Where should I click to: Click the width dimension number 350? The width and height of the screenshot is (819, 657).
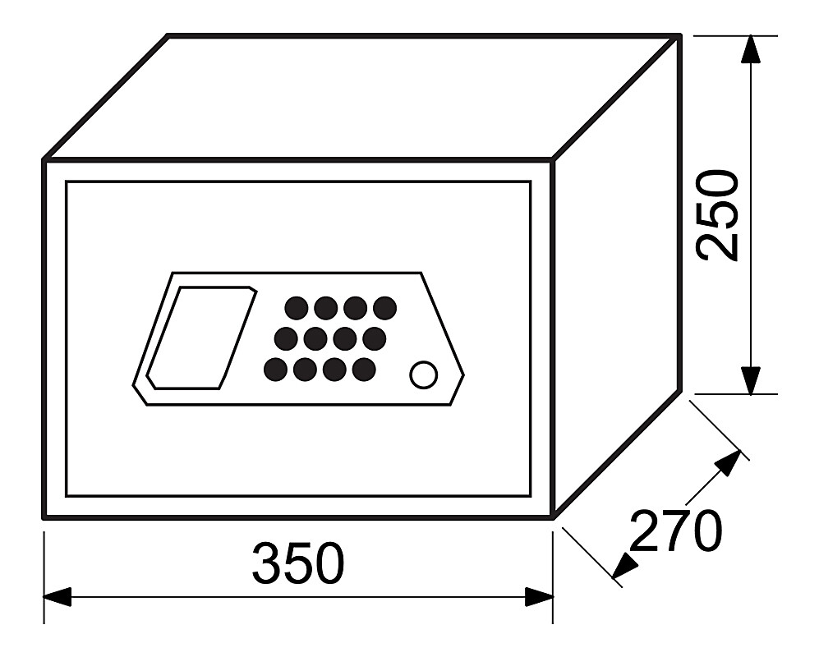coord(298,563)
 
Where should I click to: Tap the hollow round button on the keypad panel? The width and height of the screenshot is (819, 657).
coord(423,374)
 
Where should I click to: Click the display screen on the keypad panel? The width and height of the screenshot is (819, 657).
coord(201,338)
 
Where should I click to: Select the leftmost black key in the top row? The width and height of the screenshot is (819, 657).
coord(297,308)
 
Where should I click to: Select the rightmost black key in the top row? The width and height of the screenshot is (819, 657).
coord(385,308)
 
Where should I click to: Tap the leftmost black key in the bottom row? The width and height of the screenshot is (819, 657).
coord(275,370)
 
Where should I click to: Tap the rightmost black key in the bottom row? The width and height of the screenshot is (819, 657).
coord(364,370)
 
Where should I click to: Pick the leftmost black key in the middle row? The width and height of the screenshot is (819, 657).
coord(286,338)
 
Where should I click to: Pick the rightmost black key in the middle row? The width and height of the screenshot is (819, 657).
coord(375,338)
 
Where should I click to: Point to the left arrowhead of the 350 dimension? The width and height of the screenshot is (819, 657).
coord(58,597)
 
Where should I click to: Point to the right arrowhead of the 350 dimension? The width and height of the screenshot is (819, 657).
coord(539,597)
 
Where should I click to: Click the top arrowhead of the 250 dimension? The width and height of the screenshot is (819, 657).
coord(751,49)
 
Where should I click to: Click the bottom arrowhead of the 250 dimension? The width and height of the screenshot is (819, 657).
coord(751,380)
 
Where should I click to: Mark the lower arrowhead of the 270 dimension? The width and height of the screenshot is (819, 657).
coord(624,566)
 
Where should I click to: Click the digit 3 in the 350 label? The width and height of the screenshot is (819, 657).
coord(267,563)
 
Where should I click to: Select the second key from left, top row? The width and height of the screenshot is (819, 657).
coord(325,308)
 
